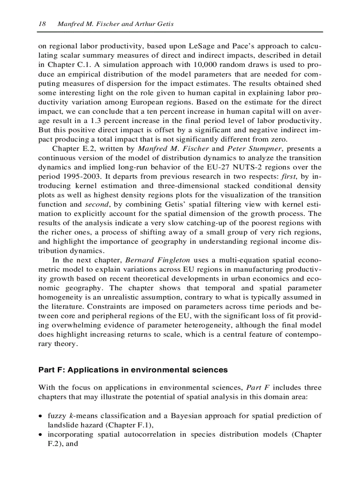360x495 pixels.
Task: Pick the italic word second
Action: coord(95,204)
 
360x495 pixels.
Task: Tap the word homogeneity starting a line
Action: coord(60,297)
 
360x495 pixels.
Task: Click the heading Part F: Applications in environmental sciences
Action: coord(133,370)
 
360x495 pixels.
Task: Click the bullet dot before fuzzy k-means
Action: coord(41,416)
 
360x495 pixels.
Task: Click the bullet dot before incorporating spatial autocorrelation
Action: coord(41,435)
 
